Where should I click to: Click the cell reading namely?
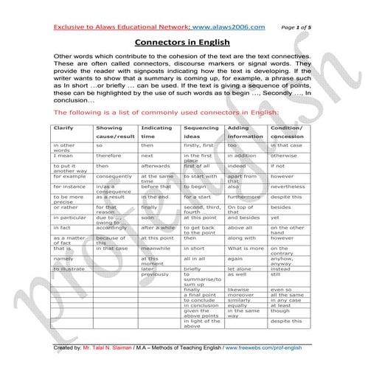pyautogui.click(x=63, y=260)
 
